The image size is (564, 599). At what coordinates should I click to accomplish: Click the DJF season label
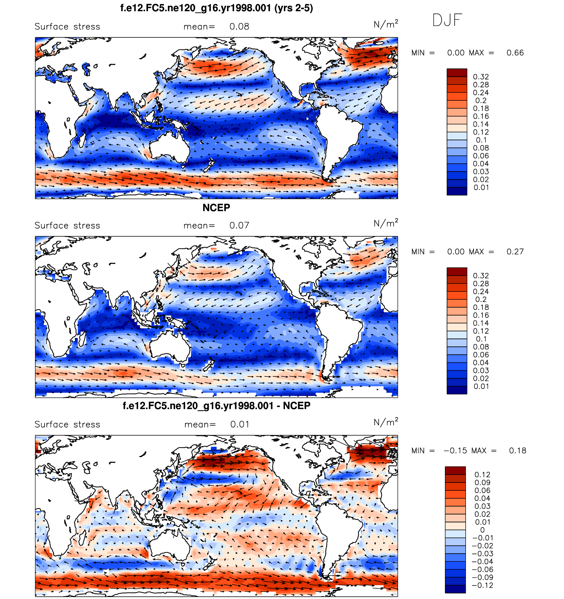click(x=447, y=20)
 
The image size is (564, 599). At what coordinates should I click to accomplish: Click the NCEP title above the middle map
click(x=216, y=208)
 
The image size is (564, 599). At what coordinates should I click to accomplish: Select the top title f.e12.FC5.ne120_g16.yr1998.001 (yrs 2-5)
click(x=216, y=8)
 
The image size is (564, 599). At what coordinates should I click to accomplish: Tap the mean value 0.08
click(x=239, y=27)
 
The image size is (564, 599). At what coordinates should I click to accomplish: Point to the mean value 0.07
click(x=239, y=226)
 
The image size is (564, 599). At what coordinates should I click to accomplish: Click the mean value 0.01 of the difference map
click(x=240, y=425)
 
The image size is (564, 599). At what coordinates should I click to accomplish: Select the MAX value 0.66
click(x=515, y=53)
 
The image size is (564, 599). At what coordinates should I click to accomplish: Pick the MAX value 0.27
click(x=515, y=252)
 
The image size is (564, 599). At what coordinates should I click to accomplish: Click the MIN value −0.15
click(x=455, y=451)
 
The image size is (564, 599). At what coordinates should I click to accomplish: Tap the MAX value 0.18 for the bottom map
click(x=517, y=451)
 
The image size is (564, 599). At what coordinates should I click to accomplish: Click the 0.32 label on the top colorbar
click(x=481, y=77)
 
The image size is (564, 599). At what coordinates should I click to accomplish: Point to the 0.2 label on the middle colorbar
click(x=481, y=300)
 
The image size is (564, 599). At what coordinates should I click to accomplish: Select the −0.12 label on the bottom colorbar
click(x=483, y=585)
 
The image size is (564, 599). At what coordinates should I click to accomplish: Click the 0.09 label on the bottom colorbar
click(x=482, y=483)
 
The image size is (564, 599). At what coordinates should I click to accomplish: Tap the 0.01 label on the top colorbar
click(x=481, y=188)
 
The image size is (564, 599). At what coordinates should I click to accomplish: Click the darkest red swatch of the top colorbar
click(x=457, y=73)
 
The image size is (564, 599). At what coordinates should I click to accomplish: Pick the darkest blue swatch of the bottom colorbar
click(x=455, y=589)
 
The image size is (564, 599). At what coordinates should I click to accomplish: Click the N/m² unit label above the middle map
click(x=386, y=223)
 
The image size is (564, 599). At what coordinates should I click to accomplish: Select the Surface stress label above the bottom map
click(x=67, y=425)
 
